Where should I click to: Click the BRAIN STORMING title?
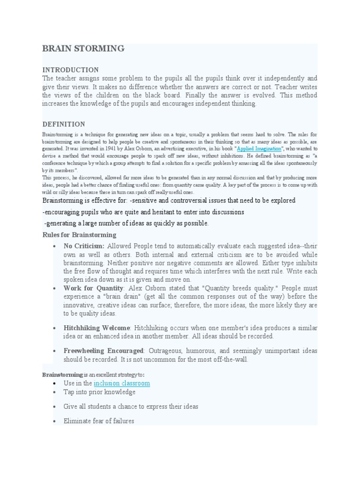tap(83, 48)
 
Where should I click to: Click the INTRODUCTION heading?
tap(70, 70)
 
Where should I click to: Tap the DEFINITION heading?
tap(64, 124)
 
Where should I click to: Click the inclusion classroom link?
tap(122, 383)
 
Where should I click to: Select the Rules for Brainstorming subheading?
tap(79, 235)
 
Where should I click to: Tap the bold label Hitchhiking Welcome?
tap(97, 328)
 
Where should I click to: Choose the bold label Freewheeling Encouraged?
tap(104, 351)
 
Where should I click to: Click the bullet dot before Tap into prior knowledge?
tap(55, 392)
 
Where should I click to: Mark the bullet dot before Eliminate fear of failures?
tap(55, 421)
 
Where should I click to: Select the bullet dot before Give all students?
tap(55, 407)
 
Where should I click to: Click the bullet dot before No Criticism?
tap(55, 246)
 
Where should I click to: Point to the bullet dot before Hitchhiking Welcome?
tap(55, 328)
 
